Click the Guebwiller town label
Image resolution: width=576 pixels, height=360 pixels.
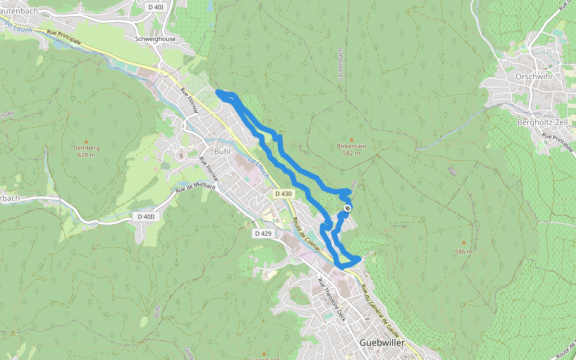(382, 343)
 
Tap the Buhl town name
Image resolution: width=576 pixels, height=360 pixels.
(223, 152)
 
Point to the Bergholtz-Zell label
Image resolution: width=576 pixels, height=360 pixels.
(542, 122)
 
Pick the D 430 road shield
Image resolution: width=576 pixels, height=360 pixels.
(283, 194)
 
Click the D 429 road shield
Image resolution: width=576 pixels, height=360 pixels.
(263, 233)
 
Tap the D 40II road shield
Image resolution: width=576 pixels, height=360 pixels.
(146, 216)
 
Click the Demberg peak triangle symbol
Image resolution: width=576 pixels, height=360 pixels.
(86, 141)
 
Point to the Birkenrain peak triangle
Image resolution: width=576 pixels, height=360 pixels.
(352, 139)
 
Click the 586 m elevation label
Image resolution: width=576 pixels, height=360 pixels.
(463, 251)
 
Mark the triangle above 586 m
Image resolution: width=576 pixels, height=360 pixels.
(463, 242)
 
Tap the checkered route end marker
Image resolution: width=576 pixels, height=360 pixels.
(347, 208)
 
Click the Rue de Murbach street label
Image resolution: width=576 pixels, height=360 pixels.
(196, 187)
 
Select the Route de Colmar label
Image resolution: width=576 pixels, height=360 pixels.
(307, 235)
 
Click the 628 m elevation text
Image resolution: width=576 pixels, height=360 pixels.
(86, 155)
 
